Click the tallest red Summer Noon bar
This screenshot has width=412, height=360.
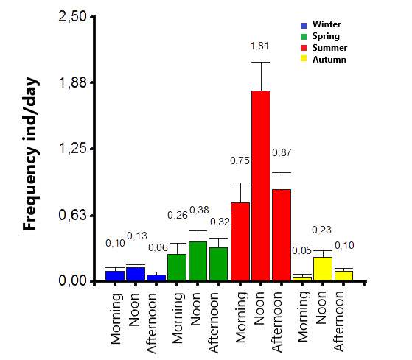point(261,186)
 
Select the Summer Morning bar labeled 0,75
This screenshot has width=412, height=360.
point(240,241)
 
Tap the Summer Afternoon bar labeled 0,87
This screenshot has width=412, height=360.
point(282,235)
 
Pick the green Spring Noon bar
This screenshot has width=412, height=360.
point(198,261)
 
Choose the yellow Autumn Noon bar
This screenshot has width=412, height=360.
point(323,269)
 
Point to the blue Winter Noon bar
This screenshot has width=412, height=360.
point(136,274)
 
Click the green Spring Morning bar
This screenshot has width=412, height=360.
point(177,267)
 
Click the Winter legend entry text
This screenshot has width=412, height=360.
point(327,24)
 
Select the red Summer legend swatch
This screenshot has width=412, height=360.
point(304,48)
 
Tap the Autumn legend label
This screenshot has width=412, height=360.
point(329,60)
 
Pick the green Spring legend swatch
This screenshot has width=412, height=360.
point(304,37)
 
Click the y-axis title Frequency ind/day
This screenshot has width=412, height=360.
point(31,154)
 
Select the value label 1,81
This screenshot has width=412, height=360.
point(259,46)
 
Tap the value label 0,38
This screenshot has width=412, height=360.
point(199,210)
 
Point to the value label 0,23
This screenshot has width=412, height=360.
point(321,230)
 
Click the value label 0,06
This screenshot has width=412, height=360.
point(158,247)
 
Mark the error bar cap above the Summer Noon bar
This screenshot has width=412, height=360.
point(261,62)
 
